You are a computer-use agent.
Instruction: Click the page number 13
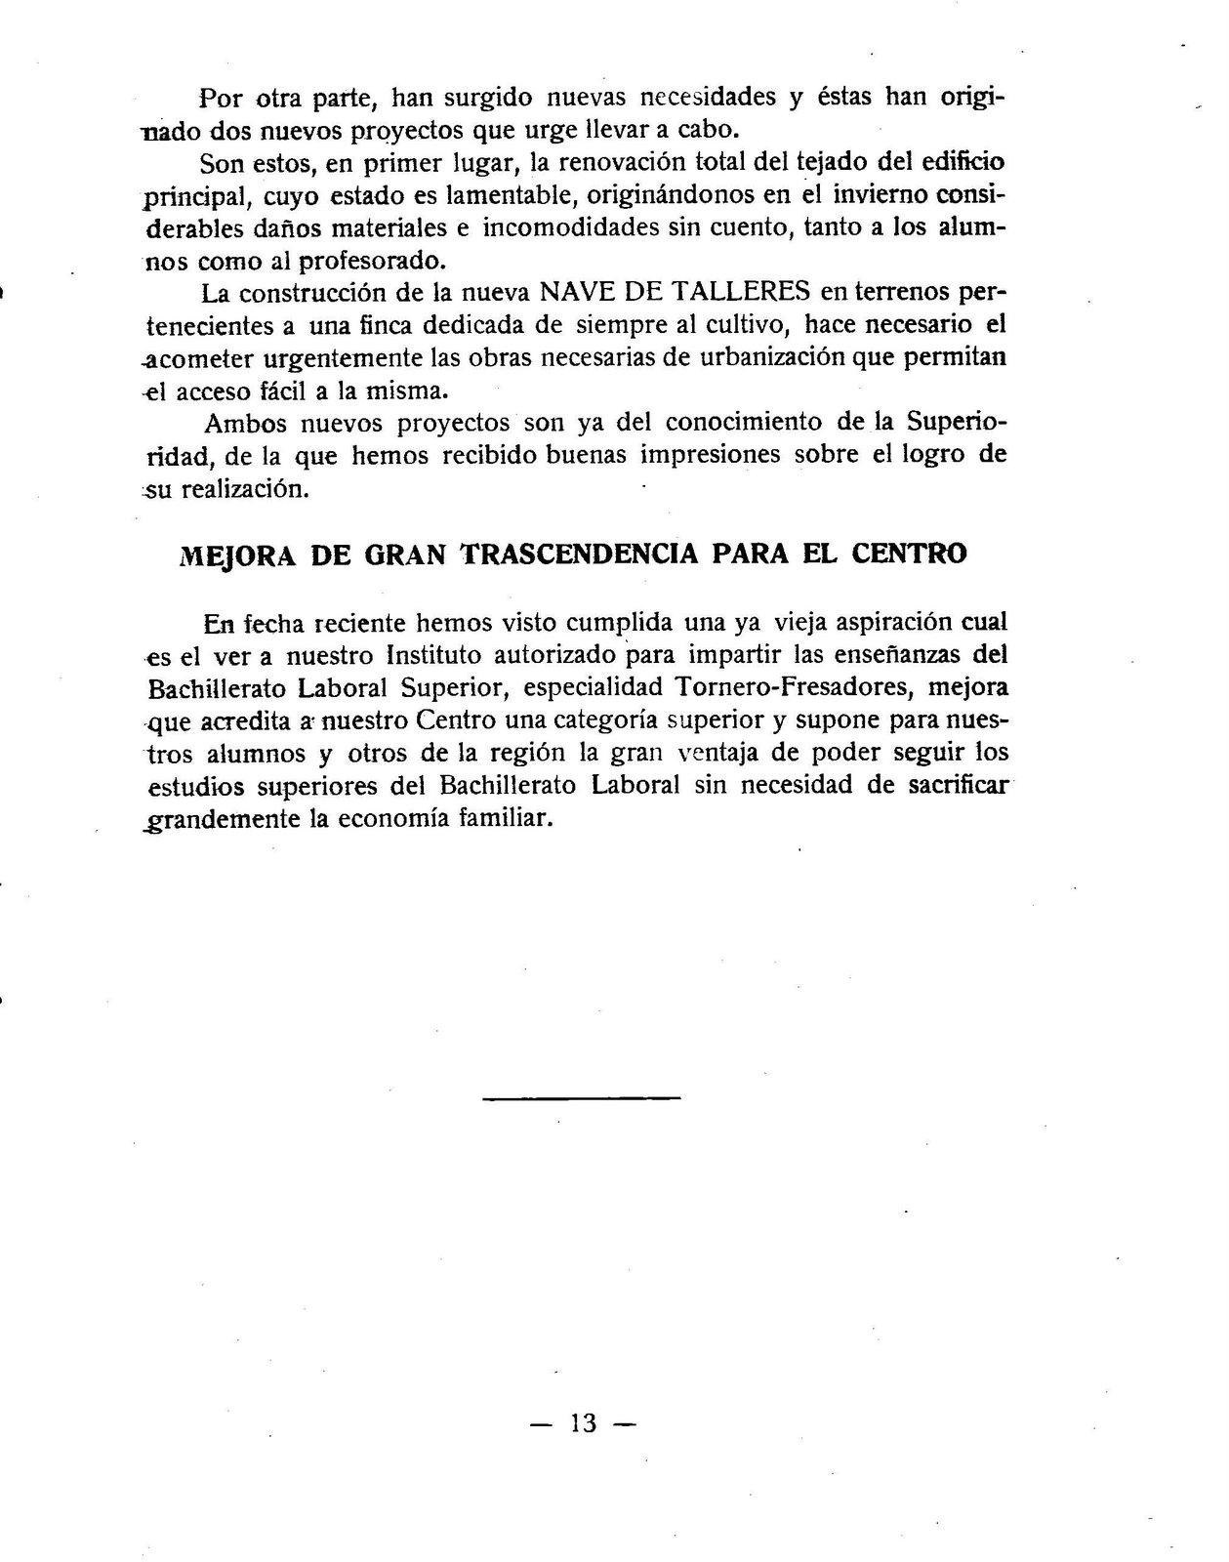[x=583, y=1422]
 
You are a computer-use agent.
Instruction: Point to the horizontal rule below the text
[x=582, y=1099]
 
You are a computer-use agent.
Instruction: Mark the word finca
[x=385, y=324]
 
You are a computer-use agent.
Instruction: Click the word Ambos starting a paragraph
[x=245, y=423]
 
